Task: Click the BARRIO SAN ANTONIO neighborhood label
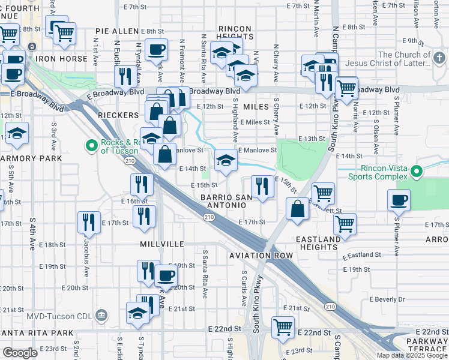pos(224,201)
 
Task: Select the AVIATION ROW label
pos(261,256)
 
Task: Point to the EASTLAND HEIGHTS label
pos(318,244)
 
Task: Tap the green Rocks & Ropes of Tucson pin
pos(92,145)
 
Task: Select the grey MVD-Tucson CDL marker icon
pos(101,315)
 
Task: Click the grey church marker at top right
pos(439,59)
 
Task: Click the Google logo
pos(20,353)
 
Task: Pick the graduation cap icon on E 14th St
pos(226,159)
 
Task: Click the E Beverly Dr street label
pos(388,299)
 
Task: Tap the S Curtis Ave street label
pos(244,287)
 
